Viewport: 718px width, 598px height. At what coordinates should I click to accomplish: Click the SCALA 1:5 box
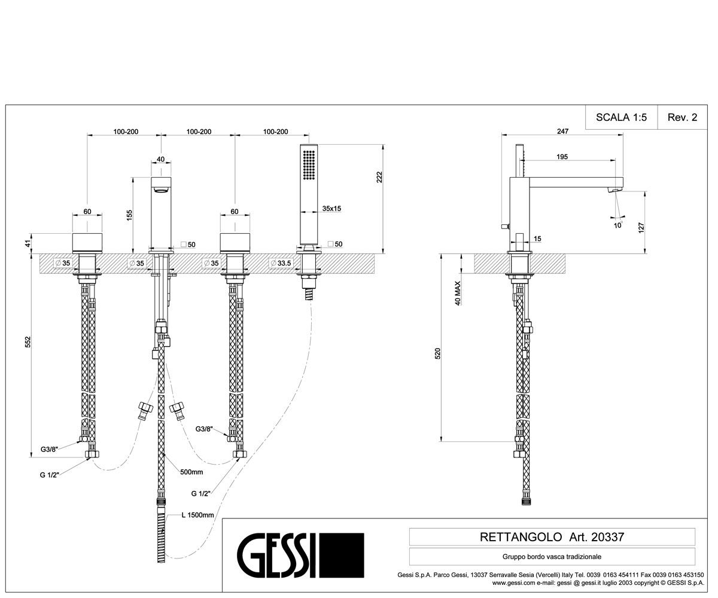(x=622, y=117)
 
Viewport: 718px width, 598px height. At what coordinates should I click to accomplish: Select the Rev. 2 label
(x=682, y=117)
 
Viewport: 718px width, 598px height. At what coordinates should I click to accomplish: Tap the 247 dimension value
(x=562, y=132)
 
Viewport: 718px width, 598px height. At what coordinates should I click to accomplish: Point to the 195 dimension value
(x=562, y=157)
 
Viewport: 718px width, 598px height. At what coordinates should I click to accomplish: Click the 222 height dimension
(x=379, y=177)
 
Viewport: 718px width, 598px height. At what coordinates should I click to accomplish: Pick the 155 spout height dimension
(x=129, y=215)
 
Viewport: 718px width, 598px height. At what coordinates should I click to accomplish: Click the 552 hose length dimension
(x=28, y=342)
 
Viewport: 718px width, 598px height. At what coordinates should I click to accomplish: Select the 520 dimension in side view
(x=438, y=353)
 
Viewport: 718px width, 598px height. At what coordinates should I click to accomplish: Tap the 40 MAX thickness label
(x=457, y=293)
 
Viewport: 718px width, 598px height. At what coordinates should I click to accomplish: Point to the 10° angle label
(x=618, y=225)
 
